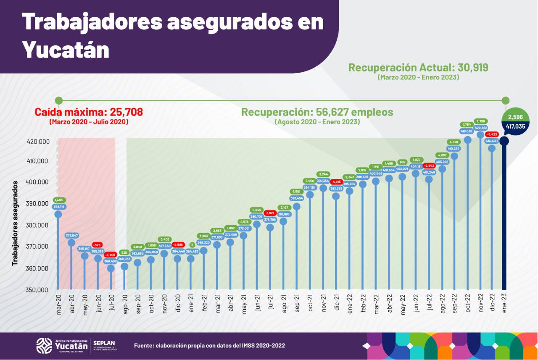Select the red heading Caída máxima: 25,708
coord(89,112)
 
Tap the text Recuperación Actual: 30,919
coord(418,68)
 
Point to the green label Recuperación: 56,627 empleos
coord(317,112)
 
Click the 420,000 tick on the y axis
coord(37,142)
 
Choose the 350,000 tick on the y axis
coord(37,290)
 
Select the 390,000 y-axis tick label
coord(37,204)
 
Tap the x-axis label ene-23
coord(504,302)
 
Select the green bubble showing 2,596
coord(516,116)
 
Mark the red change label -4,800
coord(111,255)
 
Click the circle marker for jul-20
coord(111,268)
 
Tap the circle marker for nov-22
coord(480,135)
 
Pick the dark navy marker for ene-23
coord(504,141)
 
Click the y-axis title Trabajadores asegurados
coord(15,223)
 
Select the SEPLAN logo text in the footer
coord(104,343)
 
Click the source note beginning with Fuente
coord(209,345)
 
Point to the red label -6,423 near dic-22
coord(492,134)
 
